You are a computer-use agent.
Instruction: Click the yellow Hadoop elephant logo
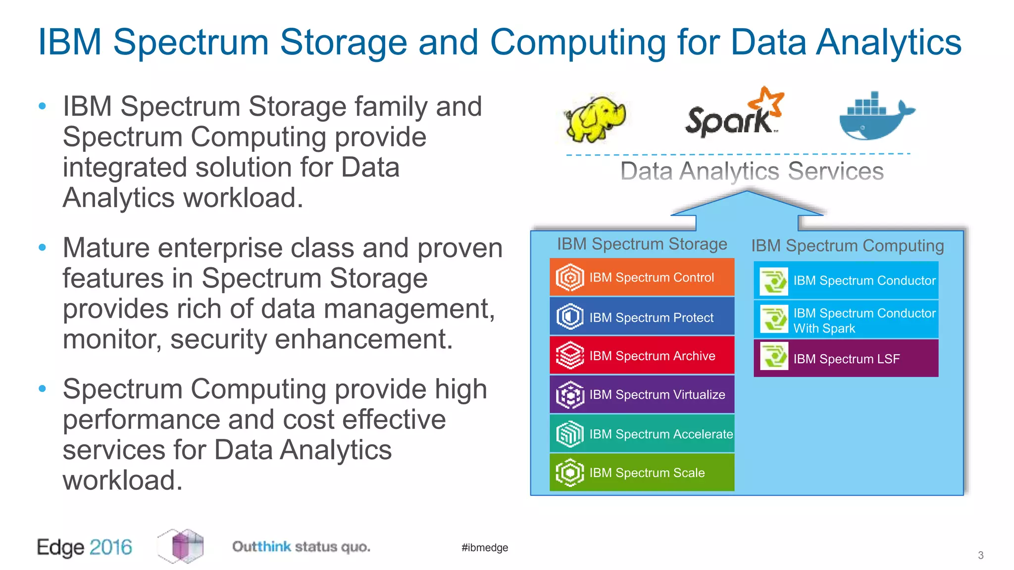click(x=596, y=118)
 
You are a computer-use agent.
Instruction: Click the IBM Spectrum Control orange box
click(x=642, y=278)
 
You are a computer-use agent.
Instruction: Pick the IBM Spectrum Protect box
click(x=642, y=317)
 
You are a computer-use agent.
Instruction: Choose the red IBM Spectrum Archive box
click(x=642, y=356)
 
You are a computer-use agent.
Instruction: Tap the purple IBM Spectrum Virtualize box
click(x=642, y=394)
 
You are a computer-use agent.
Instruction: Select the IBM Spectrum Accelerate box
click(x=642, y=434)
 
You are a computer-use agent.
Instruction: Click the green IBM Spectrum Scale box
click(x=642, y=473)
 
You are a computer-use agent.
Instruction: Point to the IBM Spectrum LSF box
click(x=846, y=359)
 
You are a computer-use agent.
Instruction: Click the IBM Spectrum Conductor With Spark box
click(x=846, y=320)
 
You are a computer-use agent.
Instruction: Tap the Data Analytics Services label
click(x=752, y=172)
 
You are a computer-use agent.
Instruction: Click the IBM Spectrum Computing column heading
click(x=847, y=246)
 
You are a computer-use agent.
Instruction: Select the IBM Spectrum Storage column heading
click(x=642, y=244)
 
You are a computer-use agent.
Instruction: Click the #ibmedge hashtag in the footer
click(x=485, y=548)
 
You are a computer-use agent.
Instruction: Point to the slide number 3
click(x=980, y=555)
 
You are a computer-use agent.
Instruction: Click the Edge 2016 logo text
click(x=85, y=547)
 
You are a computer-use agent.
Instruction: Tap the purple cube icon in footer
click(x=181, y=546)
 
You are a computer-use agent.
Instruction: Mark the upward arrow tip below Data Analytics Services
click(x=747, y=193)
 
